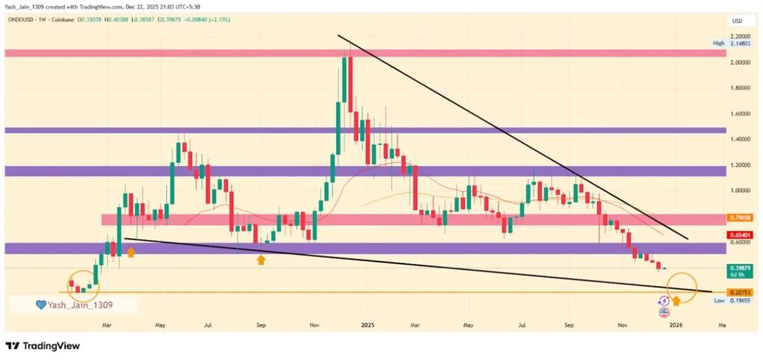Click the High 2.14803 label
[734, 43]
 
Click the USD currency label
[738, 21]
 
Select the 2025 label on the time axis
[367, 326]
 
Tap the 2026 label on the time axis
[677, 326]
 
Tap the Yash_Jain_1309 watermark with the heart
[74, 305]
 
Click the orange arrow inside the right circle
[677, 301]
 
